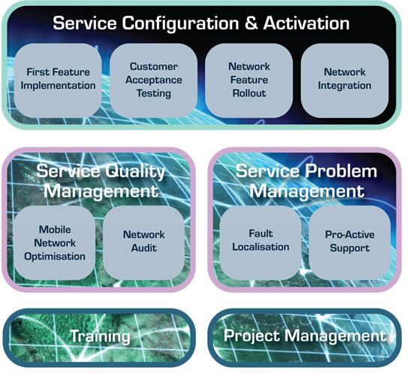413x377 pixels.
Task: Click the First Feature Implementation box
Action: [58, 81]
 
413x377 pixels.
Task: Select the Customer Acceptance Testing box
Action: [153, 81]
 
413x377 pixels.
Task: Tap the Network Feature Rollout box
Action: [249, 81]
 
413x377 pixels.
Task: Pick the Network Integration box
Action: [345, 81]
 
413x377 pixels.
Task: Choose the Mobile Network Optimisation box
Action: [55, 243]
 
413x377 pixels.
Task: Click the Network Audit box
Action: [144, 243]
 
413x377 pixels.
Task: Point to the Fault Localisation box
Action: [261, 243]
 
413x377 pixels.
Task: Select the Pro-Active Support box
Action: [349, 243]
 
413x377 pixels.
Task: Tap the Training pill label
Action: [100, 336]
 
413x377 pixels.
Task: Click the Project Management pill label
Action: [305, 336]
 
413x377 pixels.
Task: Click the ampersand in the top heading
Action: [251, 23]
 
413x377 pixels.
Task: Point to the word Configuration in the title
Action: [180, 24]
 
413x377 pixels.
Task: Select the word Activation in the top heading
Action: [306, 23]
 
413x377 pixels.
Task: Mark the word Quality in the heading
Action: [135, 172]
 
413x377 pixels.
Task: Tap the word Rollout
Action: [249, 93]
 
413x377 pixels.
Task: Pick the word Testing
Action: [153, 94]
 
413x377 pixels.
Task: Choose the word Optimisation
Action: [55, 257]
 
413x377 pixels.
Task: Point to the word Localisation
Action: [261, 247]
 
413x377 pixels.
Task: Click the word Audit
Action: [144, 248]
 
